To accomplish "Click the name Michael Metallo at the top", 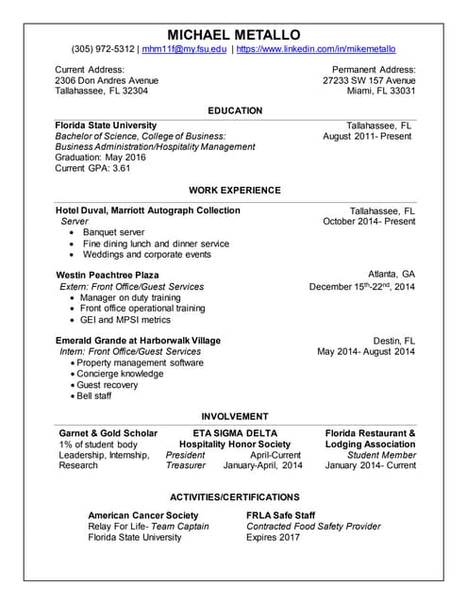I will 233,34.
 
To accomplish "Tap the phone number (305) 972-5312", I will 103,49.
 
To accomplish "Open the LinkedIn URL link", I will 316,49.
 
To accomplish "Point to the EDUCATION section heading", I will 234,110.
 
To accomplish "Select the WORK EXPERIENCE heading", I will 234,190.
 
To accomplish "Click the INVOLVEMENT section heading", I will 234,416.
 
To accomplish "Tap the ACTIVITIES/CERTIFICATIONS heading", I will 234,496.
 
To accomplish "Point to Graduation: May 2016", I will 101,159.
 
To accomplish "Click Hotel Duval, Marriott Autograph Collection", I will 148,210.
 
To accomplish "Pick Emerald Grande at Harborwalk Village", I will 138,340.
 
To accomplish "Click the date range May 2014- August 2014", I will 366,352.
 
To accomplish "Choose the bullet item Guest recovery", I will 107,385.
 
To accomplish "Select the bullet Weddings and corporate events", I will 146,254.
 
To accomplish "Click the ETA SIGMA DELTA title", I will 234,433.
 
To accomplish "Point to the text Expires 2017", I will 273,537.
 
